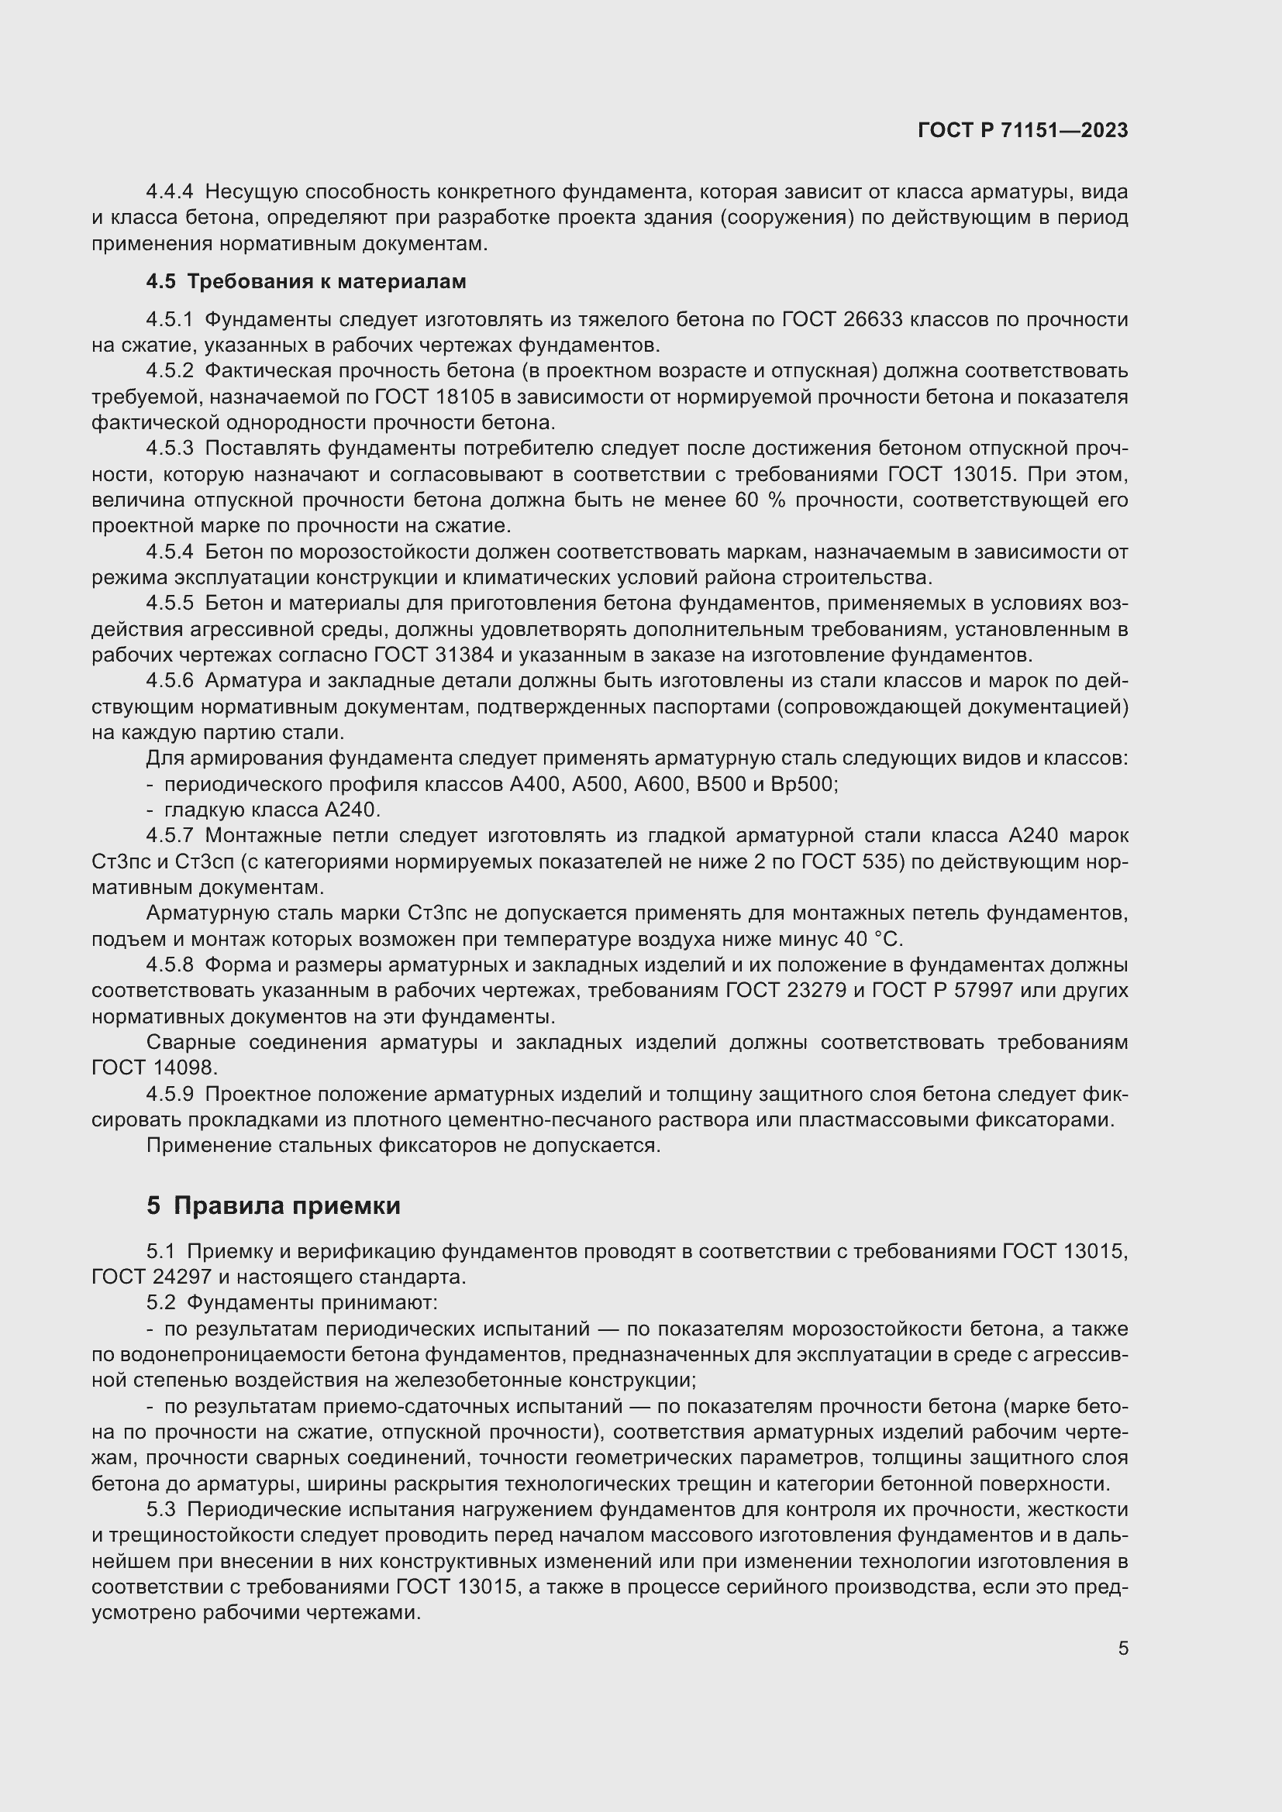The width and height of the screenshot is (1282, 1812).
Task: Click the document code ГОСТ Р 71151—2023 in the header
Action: coord(1023,131)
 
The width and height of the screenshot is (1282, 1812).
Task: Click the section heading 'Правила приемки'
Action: coord(287,1206)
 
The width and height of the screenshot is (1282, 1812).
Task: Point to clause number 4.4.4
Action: coord(170,192)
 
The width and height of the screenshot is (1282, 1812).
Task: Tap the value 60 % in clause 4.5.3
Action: coord(760,500)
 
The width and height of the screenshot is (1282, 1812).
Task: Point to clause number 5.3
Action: coord(161,1510)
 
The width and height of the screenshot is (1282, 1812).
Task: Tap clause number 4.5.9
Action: coord(170,1095)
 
